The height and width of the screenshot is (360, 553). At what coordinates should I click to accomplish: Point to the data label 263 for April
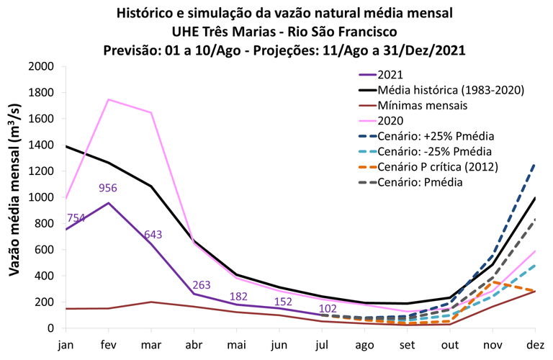tap(201, 284)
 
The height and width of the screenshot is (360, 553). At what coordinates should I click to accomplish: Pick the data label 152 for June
tap(282, 302)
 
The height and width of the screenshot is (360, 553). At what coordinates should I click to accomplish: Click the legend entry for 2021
tap(390, 75)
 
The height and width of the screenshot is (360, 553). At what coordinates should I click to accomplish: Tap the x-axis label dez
tap(534, 345)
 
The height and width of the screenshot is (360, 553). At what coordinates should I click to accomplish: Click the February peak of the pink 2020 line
tap(109, 99)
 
